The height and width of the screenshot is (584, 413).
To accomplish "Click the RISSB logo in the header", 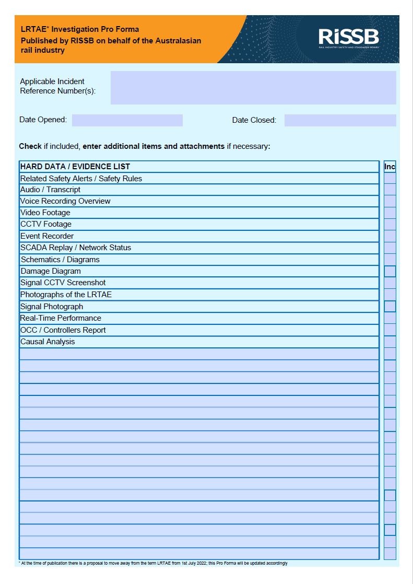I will [349, 37].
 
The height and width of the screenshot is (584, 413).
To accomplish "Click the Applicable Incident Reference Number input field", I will [253, 88].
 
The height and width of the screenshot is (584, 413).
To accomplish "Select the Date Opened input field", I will [127, 120].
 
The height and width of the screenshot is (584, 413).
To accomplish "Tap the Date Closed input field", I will [340, 120].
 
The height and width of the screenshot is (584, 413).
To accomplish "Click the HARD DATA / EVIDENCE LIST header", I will [75, 167].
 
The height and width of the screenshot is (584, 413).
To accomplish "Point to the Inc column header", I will [390, 167].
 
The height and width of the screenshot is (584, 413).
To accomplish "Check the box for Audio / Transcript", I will [390, 190].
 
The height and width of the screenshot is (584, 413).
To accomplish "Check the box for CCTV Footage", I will [390, 225].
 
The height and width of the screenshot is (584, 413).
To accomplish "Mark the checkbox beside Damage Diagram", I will [390, 271].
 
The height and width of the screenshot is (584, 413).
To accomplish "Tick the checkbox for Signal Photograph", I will [390, 307].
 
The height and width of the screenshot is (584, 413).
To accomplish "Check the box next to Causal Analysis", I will [390, 342].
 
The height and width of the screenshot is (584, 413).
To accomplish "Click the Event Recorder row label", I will [47, 236].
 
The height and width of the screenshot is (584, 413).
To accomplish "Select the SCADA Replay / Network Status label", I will [76, 248].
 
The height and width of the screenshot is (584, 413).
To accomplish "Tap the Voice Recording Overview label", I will [65, 201].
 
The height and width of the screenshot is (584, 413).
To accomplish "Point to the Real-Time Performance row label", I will [61, 318].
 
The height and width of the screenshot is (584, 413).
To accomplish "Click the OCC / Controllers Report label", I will [63, 330].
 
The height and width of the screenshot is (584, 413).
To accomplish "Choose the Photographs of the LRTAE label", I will [66, 295].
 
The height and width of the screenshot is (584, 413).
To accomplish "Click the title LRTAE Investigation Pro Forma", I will [80, 29].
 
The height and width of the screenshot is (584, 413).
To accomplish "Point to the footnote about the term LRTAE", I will [153, 563].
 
